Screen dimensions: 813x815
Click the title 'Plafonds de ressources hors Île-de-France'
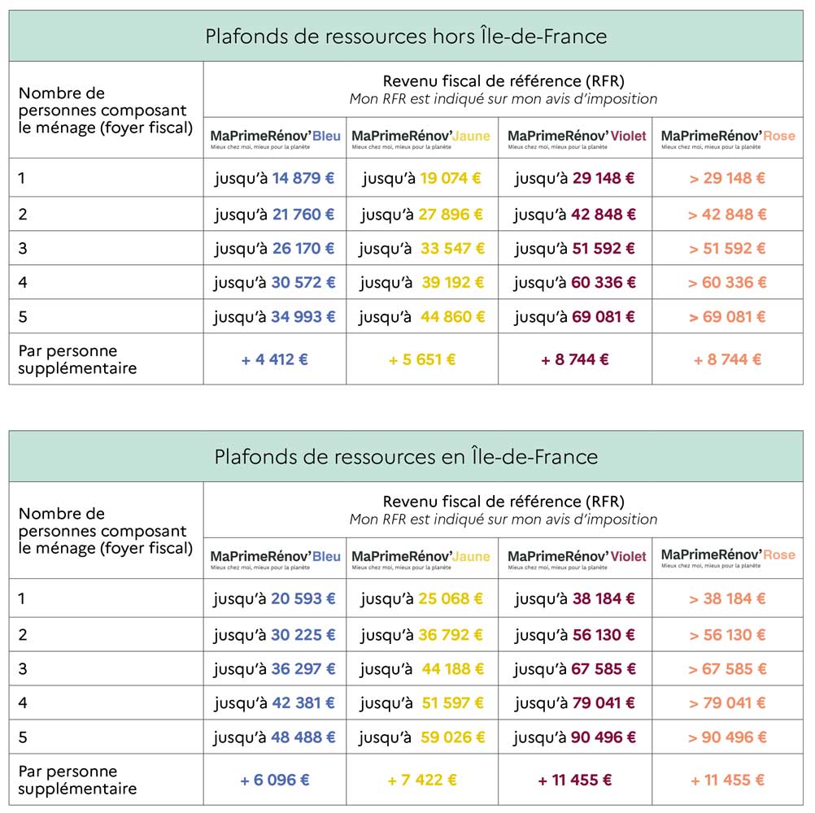pos(406,37)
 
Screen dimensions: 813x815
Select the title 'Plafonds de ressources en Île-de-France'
pos(406,457)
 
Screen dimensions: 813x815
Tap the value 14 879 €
pos(303,178)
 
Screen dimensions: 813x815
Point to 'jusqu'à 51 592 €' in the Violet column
pos(575,249)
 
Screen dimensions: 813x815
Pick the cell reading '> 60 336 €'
pos(727,283)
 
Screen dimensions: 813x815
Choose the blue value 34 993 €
pos(303,317)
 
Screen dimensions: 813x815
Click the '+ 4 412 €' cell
pos(275,359)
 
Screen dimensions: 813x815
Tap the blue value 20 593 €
pos(303,599)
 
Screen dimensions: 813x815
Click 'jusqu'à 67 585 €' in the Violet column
pos(575,670)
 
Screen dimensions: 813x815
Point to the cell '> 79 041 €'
pos(727,703)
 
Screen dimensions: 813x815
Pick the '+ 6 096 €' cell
pos(275,780)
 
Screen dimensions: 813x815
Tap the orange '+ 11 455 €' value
pos(727,780)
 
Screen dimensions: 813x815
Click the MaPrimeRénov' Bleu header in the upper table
pos(276,136)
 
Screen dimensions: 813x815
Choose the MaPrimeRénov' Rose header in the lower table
pos(728,555)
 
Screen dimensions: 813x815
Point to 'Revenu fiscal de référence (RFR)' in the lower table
pos(503,502)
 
